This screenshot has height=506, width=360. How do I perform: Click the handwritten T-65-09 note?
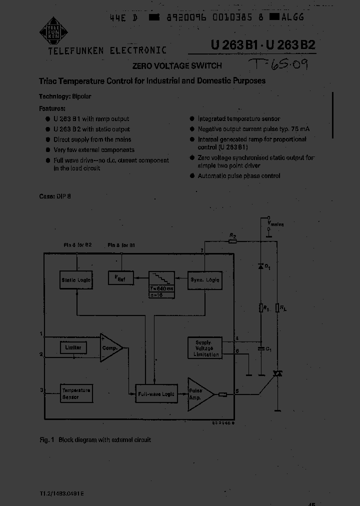click(282, 65)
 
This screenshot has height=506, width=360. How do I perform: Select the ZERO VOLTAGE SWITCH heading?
click(176, 65)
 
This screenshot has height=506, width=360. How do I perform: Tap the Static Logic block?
click(76, 280)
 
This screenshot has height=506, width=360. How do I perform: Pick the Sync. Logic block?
click(204, 280)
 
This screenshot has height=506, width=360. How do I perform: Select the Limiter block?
click(73, 347)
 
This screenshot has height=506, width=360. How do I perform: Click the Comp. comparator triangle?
click(110, 347)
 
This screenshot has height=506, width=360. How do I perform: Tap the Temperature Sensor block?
click(76, 393)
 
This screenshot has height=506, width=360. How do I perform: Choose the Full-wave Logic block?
click(156, 394)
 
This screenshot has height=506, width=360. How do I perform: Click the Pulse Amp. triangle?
click(199, 394)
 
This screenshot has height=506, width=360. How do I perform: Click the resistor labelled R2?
click(232, 241)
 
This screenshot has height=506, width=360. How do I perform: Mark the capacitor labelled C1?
click(261, 348)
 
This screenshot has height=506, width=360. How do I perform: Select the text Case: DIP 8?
click(55, 196)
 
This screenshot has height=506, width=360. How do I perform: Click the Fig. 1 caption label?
click(46, 440)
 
